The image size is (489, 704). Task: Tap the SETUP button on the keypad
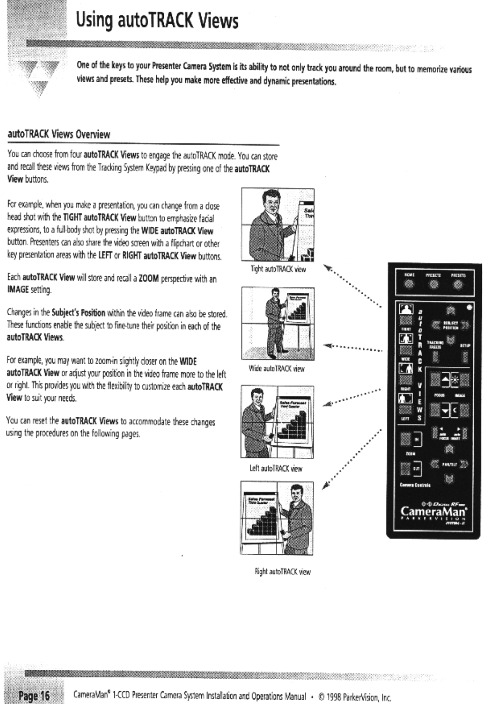(464, 356)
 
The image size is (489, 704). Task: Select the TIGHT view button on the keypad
(406, 311)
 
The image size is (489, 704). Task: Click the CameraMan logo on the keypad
(433, 511)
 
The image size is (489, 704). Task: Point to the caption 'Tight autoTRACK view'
(278, 269)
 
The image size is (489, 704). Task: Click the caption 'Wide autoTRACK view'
(277, 368)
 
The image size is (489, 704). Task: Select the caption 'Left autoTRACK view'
(276, 468)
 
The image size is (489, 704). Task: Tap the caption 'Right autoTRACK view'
(282, 571)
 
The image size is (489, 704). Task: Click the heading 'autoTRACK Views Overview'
(59, 134)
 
